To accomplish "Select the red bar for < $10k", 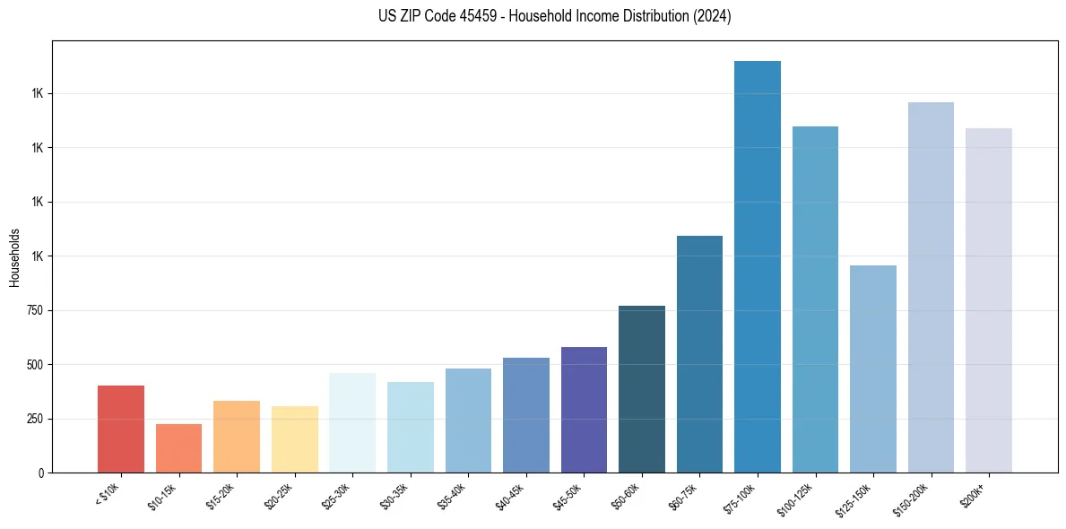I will (120, 429).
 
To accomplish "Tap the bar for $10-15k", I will (178, 448).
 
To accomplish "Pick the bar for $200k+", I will (988, 300).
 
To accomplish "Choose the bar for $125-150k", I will (872, 369).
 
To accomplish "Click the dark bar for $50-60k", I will (641, 389).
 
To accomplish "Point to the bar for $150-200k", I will (931, 287).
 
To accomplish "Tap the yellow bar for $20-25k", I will (294, 439).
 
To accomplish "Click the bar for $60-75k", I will (699, 354).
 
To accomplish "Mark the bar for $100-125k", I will (815, 299).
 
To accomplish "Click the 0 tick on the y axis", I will (42, 473).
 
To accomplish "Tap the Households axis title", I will (14, 257).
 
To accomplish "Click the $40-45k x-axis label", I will (510, 496).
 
